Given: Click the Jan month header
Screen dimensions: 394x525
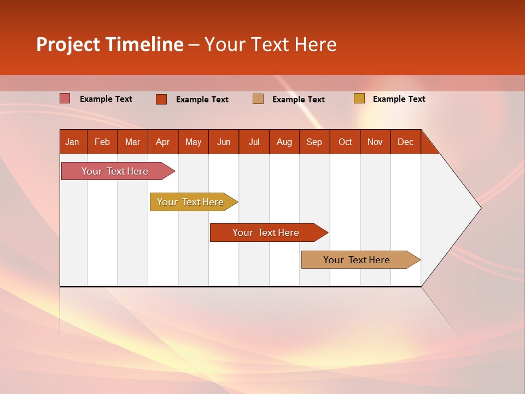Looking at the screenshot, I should point(72,142).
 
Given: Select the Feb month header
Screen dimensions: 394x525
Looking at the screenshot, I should point(102,142).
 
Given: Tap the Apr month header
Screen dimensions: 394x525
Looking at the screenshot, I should point(163,142).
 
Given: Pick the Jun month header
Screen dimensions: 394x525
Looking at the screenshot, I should point(224,142).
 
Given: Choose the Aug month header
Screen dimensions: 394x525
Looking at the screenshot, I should point(284,142).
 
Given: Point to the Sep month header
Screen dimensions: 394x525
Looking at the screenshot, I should point(314,142).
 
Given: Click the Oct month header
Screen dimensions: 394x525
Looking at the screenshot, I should point(345,142).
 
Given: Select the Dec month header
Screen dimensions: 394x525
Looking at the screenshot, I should point(406,142).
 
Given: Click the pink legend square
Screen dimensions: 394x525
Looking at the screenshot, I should point(65,99).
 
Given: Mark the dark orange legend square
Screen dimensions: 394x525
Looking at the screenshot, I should point(161,99).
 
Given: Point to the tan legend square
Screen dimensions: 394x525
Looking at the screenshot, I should point(258,99).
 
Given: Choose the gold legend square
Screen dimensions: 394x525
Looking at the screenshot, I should point(359,99).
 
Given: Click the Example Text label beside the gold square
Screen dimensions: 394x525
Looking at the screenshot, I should point(399,99).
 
